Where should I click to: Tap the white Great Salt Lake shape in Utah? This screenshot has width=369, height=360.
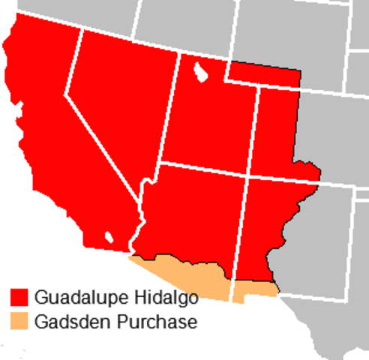(x=200, y=73)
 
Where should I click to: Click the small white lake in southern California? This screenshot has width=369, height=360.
(x=109, y=236)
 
